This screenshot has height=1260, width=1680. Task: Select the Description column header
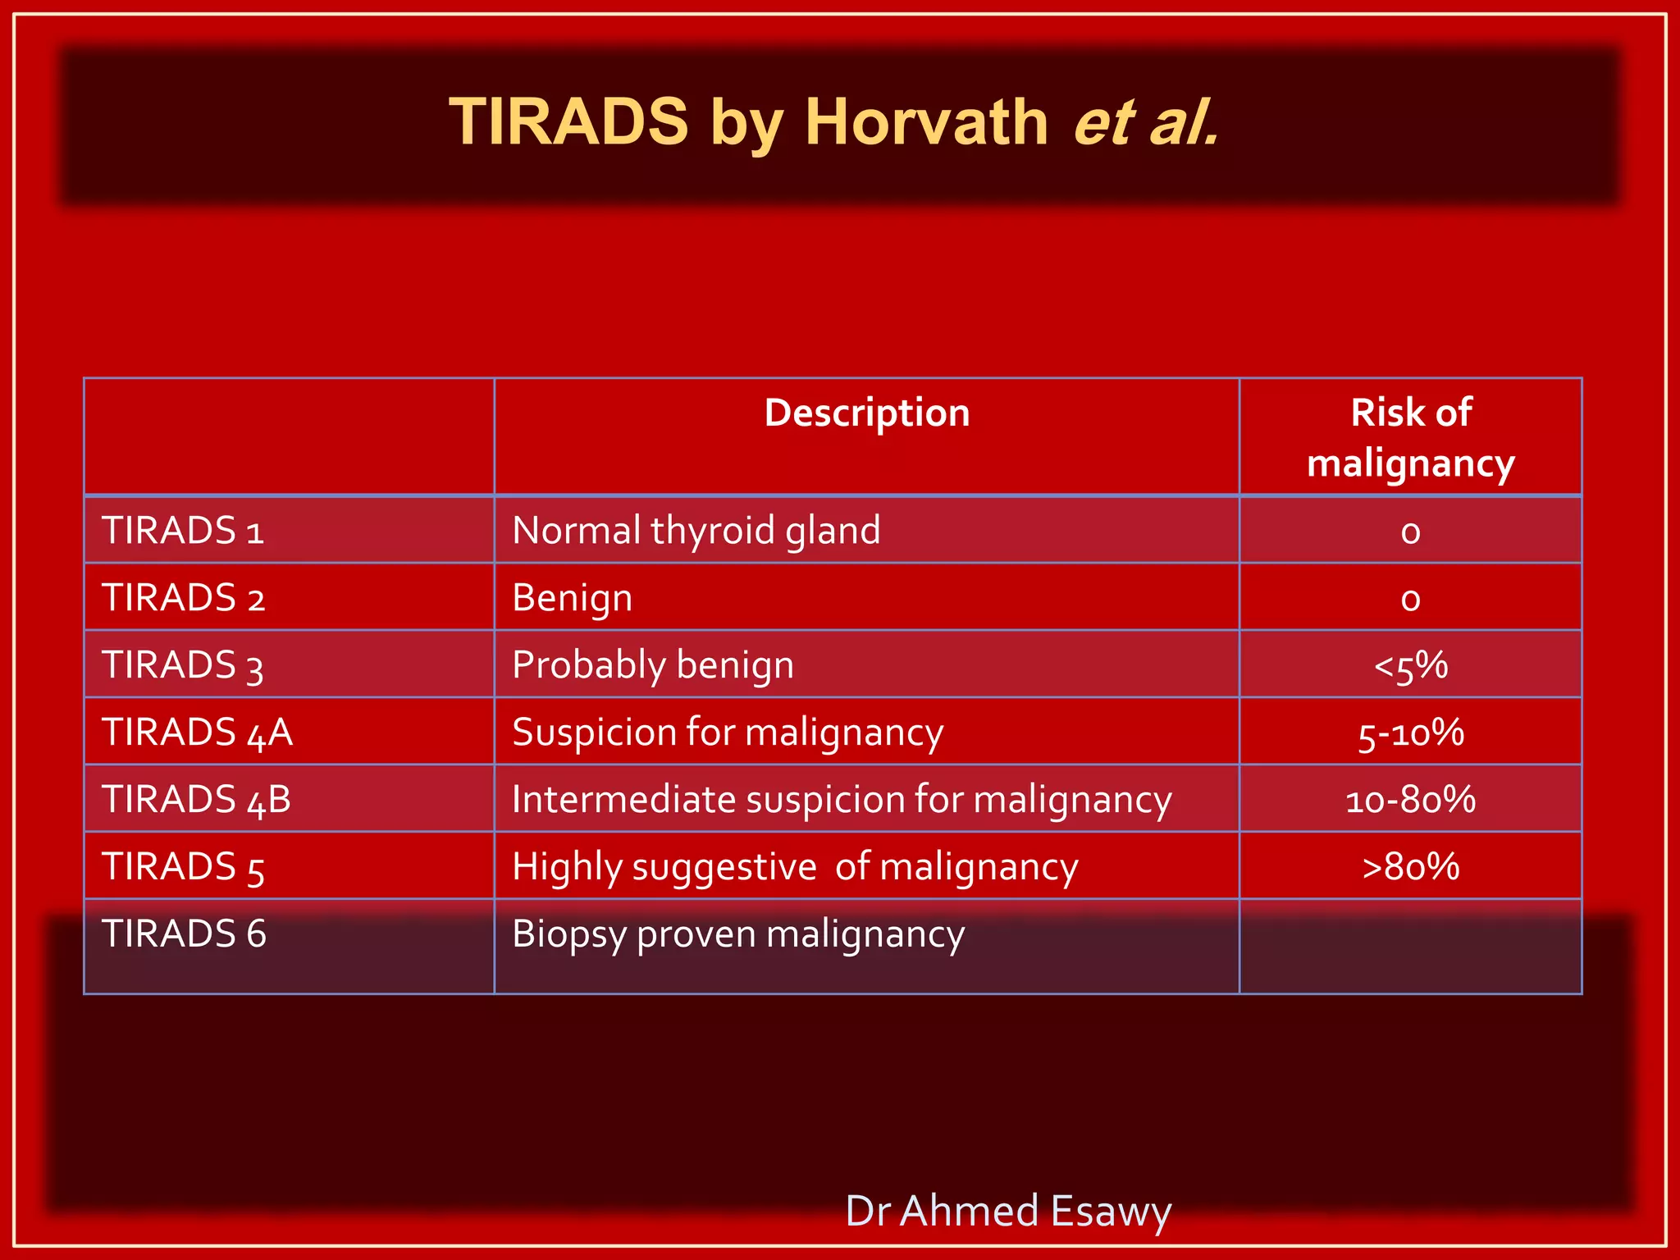tap(867, 413)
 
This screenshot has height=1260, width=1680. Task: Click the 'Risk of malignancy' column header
tap(1410, 437)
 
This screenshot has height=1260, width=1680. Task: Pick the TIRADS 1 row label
tap(183, 531)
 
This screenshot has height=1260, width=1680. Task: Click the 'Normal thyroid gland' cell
tap(696, 531)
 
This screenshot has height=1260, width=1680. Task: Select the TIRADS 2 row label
tap(183, 598)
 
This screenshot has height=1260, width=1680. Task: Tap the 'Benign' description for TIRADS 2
tap(573, 598)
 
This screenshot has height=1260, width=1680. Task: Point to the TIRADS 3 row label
tap(183, 665)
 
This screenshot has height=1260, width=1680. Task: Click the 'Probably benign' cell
tap(653, 665)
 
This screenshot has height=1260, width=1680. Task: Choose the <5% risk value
tap(1410, 665)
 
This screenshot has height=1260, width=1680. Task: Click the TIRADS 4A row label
tap(197, 733)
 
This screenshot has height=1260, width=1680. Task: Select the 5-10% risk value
tap(1410, 733)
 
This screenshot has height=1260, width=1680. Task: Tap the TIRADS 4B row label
tap(197, 800)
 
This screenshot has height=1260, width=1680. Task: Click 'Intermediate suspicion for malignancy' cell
tap(842, 800)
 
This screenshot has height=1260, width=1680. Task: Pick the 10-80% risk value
tap(1410, 800)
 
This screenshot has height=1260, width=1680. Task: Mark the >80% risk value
tap(1410, 867)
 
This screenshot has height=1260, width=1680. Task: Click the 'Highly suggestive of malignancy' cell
tap(795, 867)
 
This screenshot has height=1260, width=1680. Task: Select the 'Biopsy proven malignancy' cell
tap(738, 934)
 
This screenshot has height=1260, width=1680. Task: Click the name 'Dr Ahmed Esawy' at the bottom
tap(1008, 1211)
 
